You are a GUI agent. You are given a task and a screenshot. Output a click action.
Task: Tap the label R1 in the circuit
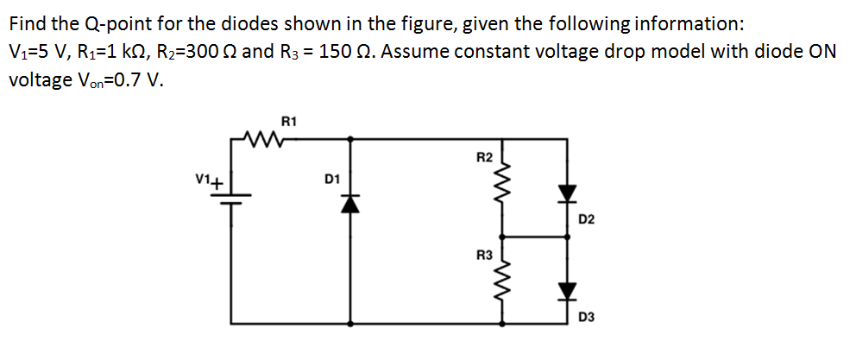[289, 122]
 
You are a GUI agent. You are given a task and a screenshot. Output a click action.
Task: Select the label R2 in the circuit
[484, 158]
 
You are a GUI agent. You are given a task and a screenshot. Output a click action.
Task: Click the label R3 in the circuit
[484, 256]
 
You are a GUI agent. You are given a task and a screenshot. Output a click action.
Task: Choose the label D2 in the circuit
[587, 220]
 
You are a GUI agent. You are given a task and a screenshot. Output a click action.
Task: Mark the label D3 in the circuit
[587, 317]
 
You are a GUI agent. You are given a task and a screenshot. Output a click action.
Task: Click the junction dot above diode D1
[349, 137]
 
